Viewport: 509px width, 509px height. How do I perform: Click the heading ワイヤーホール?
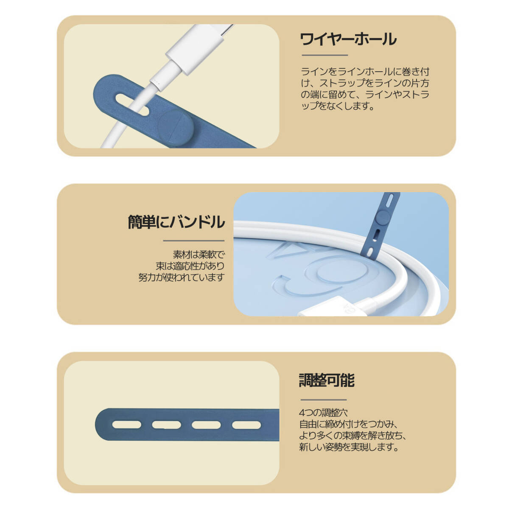pos(348,39)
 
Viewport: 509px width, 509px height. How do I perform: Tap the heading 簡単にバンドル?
pos(176,222)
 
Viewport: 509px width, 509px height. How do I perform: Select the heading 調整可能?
pos(326,380)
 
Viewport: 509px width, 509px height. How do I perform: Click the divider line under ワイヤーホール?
pos(324,55)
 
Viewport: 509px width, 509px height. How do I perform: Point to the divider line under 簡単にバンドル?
pos(193,241)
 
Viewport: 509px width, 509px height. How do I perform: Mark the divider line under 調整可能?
pos(324,400)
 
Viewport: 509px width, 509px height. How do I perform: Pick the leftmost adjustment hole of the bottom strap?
pos(127,425)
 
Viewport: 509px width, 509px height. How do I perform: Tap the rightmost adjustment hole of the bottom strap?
pos(246,425)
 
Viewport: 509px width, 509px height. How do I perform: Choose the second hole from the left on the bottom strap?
pos(166,425)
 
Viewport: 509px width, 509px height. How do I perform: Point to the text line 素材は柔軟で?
pos(199,255)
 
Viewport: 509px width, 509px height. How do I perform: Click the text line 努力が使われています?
pos(182,277)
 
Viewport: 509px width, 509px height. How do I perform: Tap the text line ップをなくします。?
pos(338,106)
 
